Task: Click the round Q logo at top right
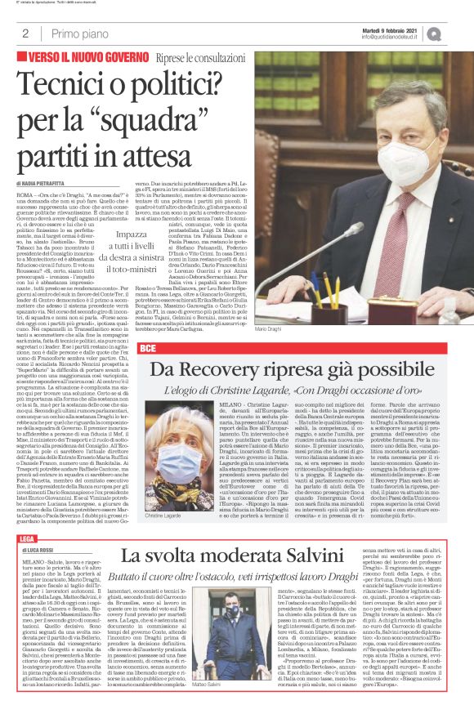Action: click(x=456, y=33)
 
